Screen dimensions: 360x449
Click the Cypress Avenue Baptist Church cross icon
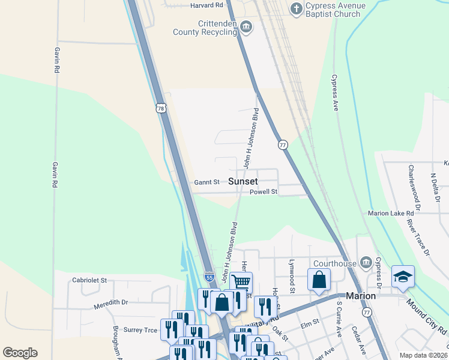coord(295,8)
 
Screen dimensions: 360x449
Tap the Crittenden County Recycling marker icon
coord(246,27)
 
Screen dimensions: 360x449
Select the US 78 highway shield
coord(160,108)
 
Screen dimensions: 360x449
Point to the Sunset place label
coord(243,181)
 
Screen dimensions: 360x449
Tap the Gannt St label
coord(206,182)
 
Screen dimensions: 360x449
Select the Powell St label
coord(264,192)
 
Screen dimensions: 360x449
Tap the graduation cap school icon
coord(403,277)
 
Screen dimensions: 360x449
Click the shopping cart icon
coord(241,281)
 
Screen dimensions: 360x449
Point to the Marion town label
coord(361,296)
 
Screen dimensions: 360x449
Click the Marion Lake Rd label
coord(391,213)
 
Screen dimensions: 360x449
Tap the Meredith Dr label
coord(111,305)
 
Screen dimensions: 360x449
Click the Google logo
coord(20,353)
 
